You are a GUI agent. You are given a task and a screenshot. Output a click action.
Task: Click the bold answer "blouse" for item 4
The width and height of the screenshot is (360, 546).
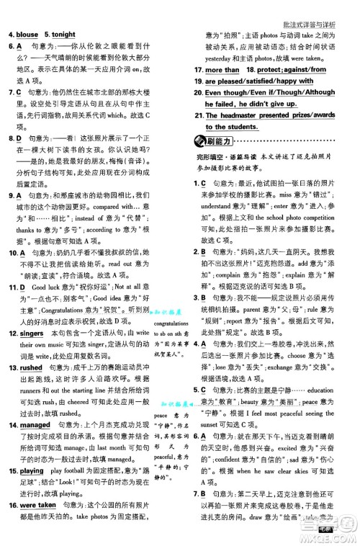point(27,34)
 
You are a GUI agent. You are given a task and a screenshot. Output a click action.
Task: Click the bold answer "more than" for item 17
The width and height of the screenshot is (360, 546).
point(222,70)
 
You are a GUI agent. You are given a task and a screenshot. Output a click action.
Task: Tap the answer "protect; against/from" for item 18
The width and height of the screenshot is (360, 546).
point(295,70)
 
